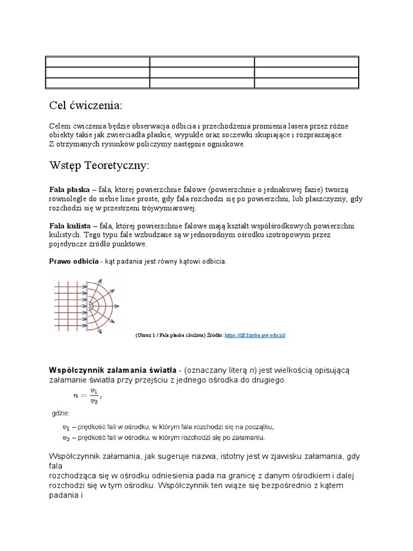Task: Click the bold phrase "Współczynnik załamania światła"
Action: tap(112, 370)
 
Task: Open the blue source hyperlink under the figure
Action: tap(254, 335)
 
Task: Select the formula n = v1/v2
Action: tap(87, 396)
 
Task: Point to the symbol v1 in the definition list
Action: tap(66, 428)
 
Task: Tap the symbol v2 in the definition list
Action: tap(66, 438)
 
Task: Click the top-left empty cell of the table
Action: tap(97, 62)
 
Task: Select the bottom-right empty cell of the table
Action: tap(306, 83)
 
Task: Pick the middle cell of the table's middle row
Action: tap(202, 73)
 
